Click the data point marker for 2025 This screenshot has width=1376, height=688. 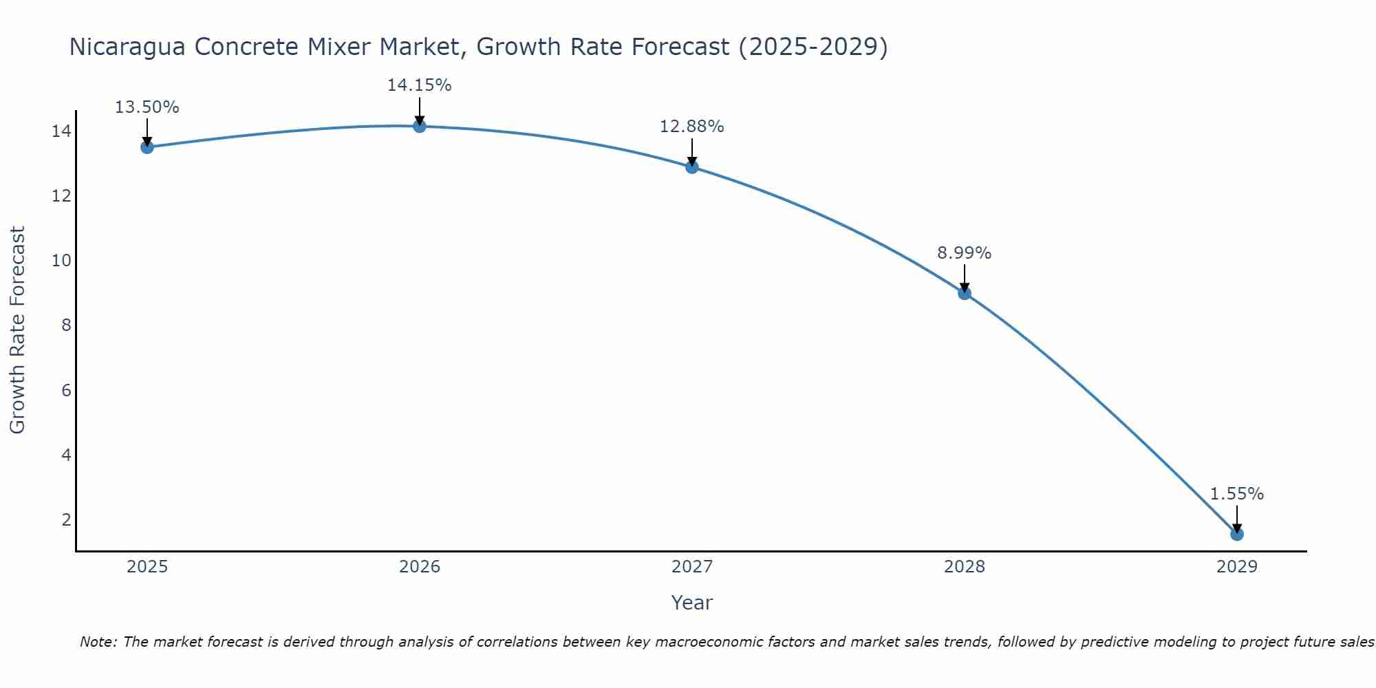[147, 147]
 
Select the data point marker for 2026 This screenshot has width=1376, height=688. [419, 126]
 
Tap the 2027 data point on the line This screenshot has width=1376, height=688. [691, 166]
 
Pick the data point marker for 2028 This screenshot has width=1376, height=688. [964, 293]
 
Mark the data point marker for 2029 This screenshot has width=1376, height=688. [1236, 534]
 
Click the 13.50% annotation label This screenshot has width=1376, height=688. [147, 107]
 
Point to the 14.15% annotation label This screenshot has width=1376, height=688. [419, 85]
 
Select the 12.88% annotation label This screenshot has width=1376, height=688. [691, 127]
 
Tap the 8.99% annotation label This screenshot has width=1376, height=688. [964, 253]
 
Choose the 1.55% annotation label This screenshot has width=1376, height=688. [1236, 494]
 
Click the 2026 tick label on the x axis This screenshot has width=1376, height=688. [419, 567]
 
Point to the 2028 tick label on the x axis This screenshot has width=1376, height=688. [964, 567]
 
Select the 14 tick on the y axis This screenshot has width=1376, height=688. [61, 131]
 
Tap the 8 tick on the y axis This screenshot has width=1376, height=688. [66, 325]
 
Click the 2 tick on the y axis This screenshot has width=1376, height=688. [66, 519]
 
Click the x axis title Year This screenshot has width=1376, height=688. [691, 603]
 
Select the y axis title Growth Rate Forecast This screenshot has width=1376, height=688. [17, 330]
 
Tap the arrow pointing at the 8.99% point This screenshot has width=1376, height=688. [964, 277]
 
